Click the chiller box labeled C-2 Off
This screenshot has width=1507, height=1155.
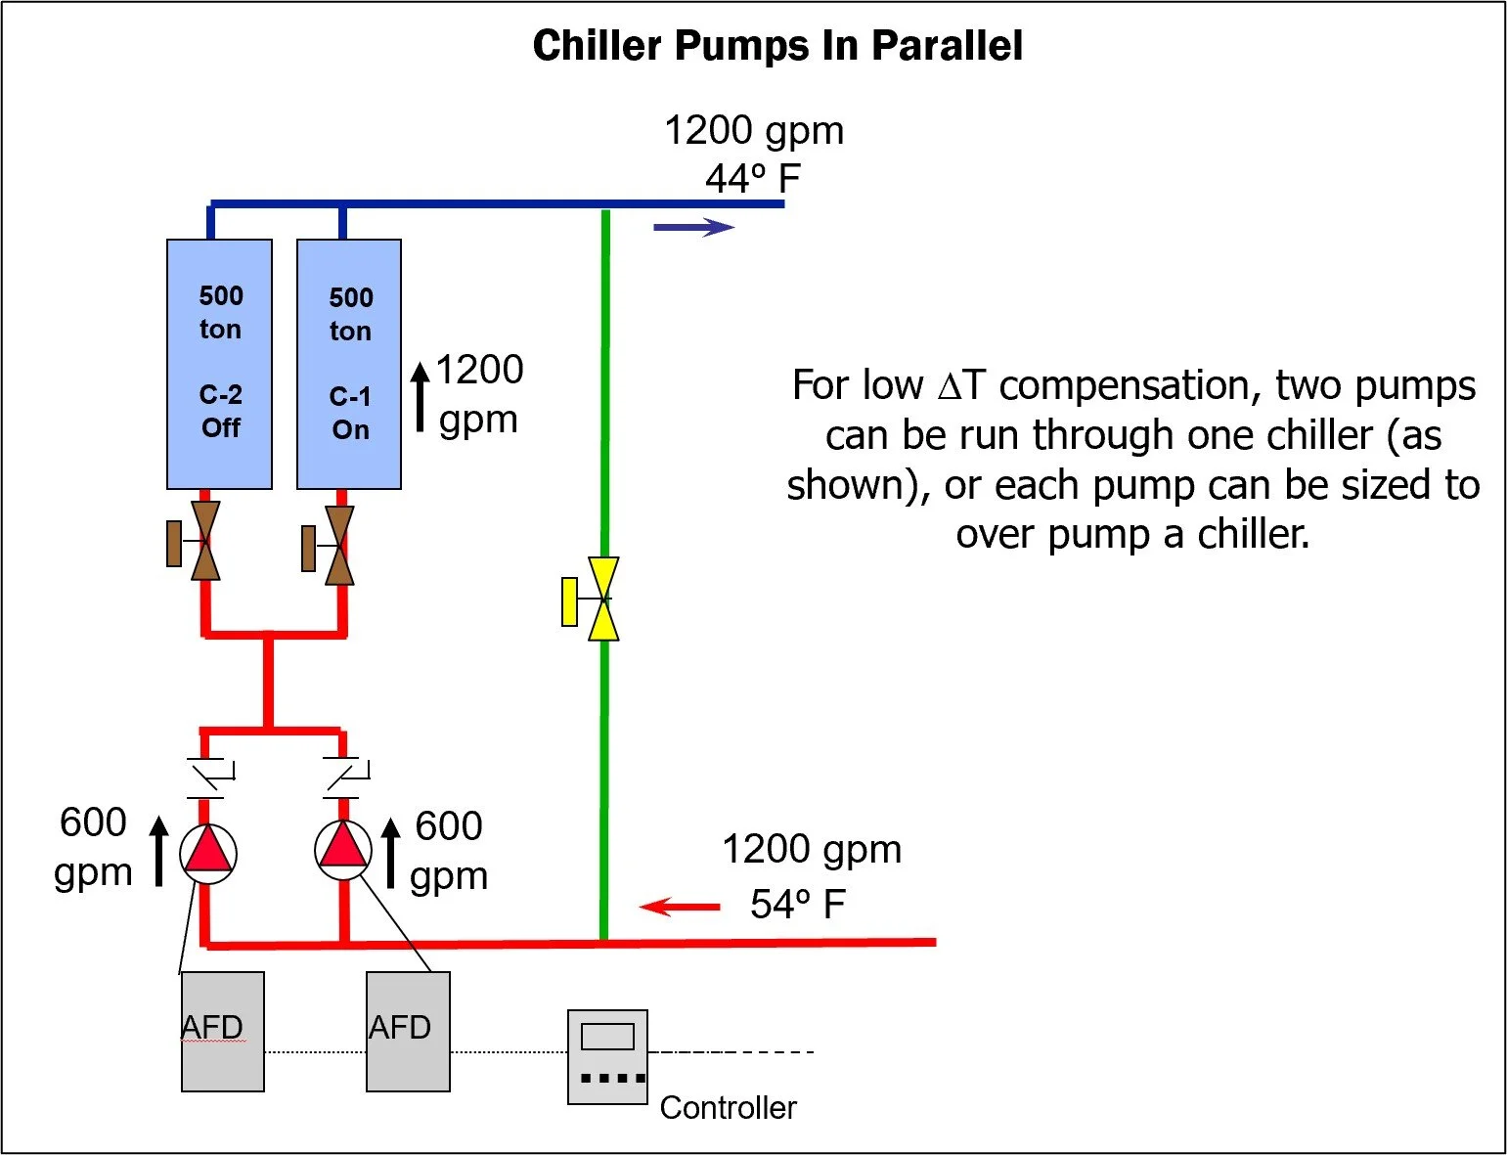[219, 364]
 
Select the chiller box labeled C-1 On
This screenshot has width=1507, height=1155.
[349, 364]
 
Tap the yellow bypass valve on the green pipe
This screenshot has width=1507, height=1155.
[602, 600]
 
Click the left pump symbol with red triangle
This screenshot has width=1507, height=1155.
[207, 853]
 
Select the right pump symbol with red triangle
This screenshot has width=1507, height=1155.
[343, 849]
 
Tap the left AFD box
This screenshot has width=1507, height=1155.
[223, 1031]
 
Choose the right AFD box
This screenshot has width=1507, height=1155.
[408, 1031]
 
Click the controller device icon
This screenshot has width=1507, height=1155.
[607, 1057]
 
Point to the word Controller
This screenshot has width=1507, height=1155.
[728, 1108]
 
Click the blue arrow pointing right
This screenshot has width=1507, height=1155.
[693, 228]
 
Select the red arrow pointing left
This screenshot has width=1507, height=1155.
[680, 908]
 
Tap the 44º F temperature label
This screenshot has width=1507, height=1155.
[752, 180]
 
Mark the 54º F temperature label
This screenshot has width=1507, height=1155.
[797, 905]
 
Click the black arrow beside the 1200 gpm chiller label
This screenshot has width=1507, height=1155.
[420, 396]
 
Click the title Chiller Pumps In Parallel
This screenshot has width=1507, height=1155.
[777, 46]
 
